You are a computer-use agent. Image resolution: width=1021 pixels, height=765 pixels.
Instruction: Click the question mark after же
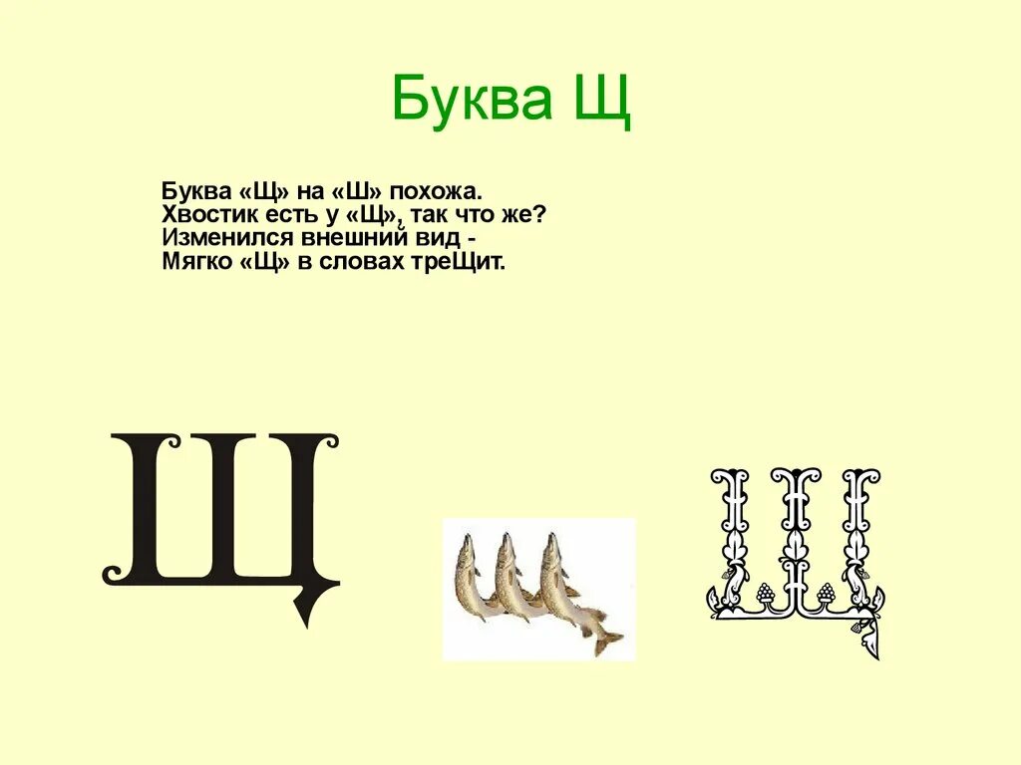pos(540,214)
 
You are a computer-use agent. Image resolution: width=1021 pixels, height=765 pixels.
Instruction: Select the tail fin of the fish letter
pos(605,640)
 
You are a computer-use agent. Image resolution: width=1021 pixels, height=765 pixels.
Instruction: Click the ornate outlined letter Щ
pos(795,548)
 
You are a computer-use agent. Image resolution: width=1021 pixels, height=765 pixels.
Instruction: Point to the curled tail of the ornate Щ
pos(867,637)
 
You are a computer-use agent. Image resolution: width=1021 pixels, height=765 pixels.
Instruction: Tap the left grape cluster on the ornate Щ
pos(766,594)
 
